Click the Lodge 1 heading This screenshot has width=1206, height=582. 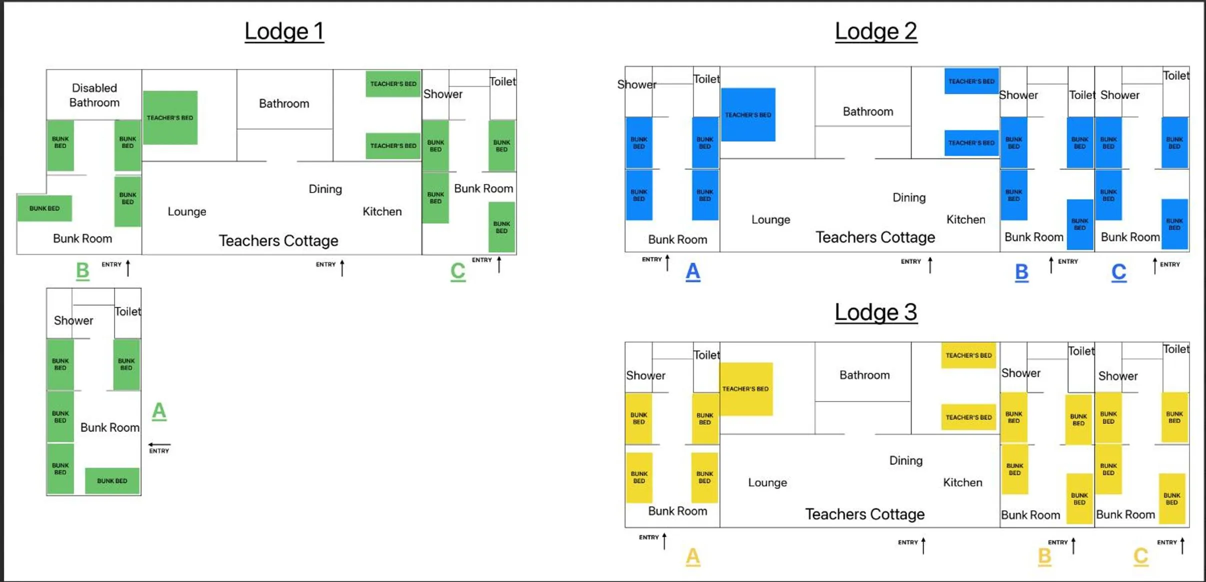coord(284,31)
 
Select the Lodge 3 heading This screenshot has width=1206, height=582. coord(876,312)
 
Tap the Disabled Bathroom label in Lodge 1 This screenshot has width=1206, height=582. coord(94,95)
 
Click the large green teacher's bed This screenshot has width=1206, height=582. coord(170,117)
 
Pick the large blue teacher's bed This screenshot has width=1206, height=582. coord(748,114)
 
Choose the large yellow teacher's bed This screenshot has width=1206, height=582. coord(745,388)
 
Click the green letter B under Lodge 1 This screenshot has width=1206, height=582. coord(82,270)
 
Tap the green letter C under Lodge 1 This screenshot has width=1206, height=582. coord(457,271)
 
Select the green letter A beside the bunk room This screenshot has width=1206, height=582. coord(159,411)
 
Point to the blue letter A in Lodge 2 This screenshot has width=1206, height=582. coord(692,271)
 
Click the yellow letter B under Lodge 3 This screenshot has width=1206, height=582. coord(1044,556)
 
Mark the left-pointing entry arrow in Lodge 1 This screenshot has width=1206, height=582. coord(159,444)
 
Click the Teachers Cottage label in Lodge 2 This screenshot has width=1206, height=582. coord(875,237)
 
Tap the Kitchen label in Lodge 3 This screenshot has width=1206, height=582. coord(962,482)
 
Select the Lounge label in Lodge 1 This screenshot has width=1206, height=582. coord(186,211)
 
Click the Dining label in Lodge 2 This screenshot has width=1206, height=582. coord(909,197)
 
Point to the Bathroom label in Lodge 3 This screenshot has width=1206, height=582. coord(864,375)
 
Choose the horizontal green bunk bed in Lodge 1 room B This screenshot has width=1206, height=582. coord(44,208)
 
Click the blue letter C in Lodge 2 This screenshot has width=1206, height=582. coord(1118,272)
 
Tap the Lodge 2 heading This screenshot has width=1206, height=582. coord(876,31)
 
